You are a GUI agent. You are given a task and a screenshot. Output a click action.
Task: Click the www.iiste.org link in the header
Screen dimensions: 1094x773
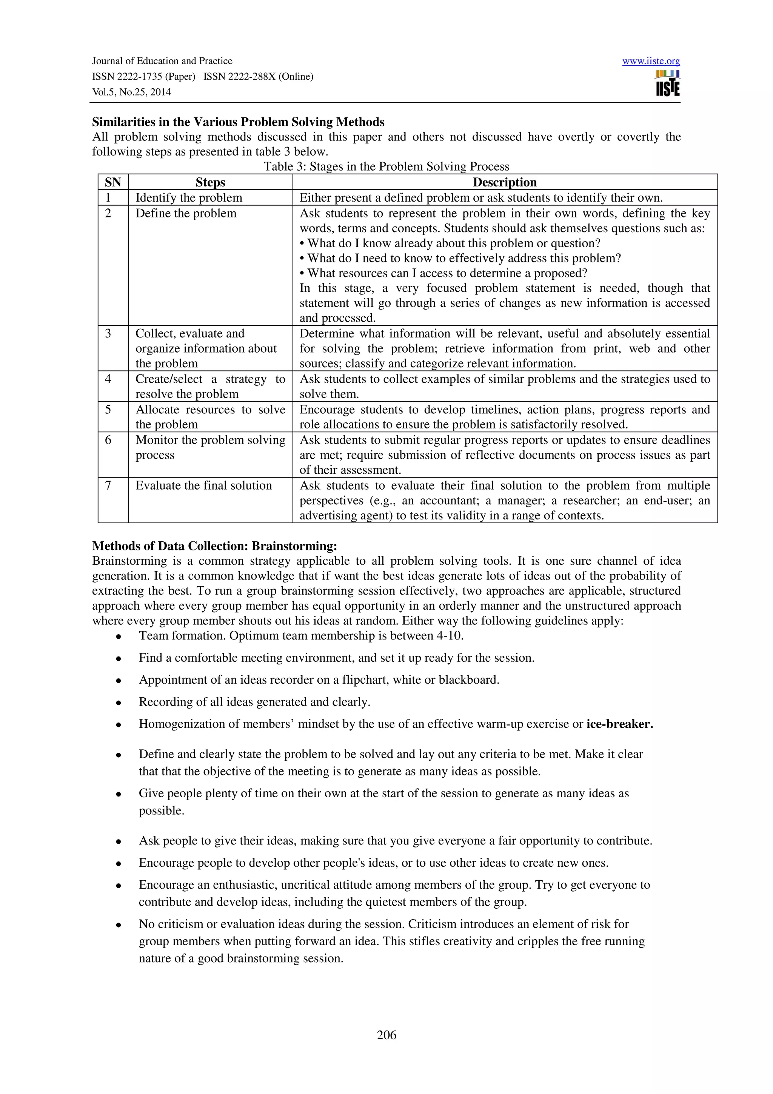point(651,61)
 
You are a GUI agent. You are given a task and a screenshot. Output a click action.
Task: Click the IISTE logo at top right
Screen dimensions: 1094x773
point(667,84)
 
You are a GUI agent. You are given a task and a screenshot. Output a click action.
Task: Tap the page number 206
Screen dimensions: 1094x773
point(386,1034)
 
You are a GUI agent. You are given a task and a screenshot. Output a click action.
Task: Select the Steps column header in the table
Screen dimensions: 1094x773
point(210,182)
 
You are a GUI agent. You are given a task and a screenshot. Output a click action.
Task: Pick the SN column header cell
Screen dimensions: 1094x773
point(113,182)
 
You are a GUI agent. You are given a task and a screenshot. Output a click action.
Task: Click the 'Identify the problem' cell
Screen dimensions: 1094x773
point(189,198)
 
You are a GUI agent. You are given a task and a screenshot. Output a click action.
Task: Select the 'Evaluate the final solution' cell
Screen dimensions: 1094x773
point(203,485)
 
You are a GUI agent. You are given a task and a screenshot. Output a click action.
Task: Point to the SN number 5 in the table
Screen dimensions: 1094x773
point(108,410)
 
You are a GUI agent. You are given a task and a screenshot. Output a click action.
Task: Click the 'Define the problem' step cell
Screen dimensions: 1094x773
point(186,213)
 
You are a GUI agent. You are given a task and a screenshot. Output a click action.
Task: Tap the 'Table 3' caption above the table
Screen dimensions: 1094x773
point(386,166)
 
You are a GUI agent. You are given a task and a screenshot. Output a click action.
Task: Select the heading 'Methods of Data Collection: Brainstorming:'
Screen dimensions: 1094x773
point(214,545)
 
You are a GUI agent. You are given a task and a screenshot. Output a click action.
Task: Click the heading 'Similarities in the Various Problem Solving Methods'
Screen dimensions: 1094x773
point(238,122)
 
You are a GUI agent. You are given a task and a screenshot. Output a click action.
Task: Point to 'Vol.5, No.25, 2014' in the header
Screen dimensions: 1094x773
point(131,92)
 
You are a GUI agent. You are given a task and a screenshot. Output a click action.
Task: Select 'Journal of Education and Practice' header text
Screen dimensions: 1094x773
point(162,61)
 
